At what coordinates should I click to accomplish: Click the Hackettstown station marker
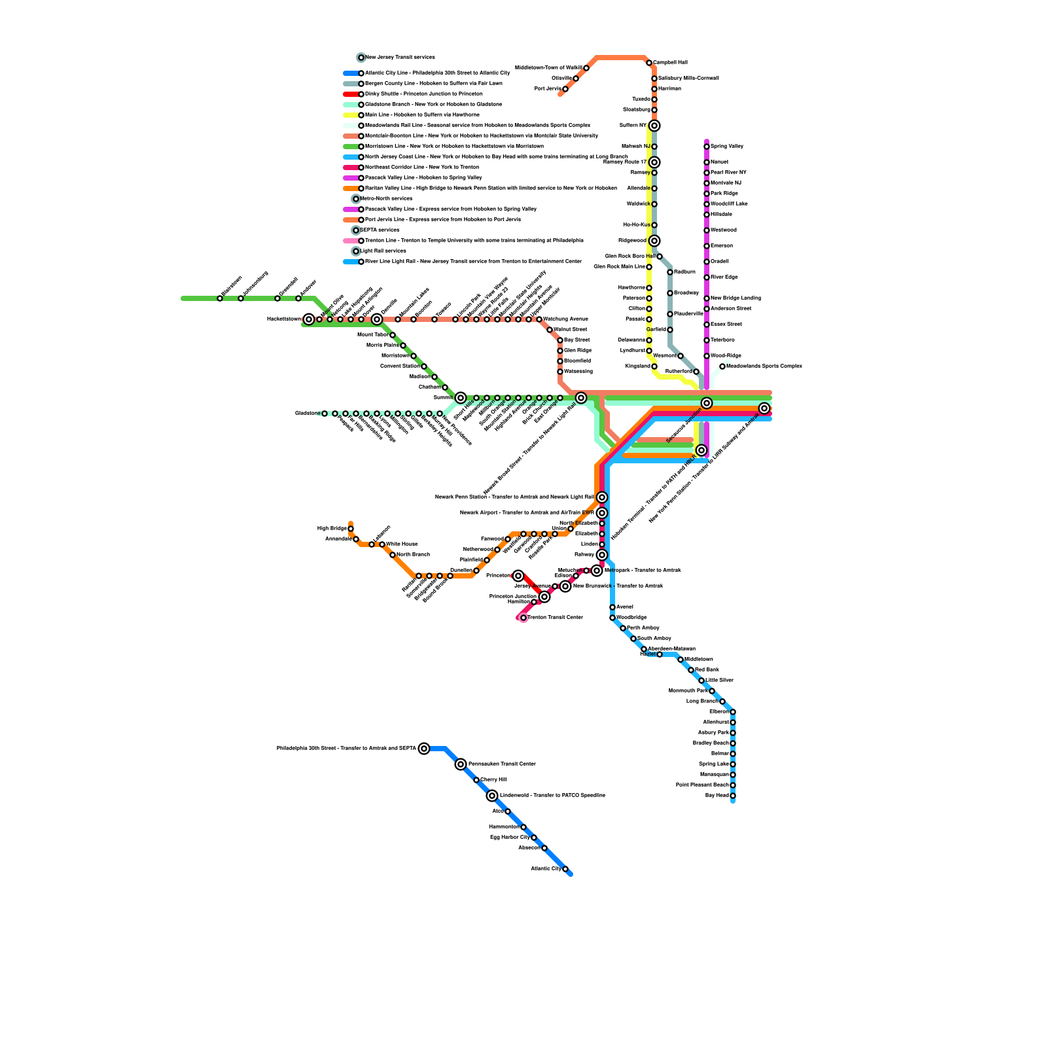[309, 319]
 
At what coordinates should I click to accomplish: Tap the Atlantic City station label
[546, 868]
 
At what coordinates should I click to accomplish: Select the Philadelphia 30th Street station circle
[424, 749]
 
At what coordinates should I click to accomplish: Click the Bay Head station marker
[733, 796]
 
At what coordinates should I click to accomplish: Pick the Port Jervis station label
[548, 88]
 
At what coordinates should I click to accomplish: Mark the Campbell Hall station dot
[649, 63]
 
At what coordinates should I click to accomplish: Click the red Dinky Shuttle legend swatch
[351, 94]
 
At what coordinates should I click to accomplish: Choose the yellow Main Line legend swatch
[351, 115]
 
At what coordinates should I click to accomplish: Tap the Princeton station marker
[518, 576]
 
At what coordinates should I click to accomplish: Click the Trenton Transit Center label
[555, 617]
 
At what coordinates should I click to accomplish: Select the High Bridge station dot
[351, 529]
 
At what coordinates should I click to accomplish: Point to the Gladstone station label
[306, 413]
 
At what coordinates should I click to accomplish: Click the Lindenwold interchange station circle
[492, 796]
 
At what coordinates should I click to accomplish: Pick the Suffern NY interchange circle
[654, 126]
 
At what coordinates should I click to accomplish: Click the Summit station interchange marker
[461, 398]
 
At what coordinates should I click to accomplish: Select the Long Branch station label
[701, 701]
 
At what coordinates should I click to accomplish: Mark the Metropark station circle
[597, 571]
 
